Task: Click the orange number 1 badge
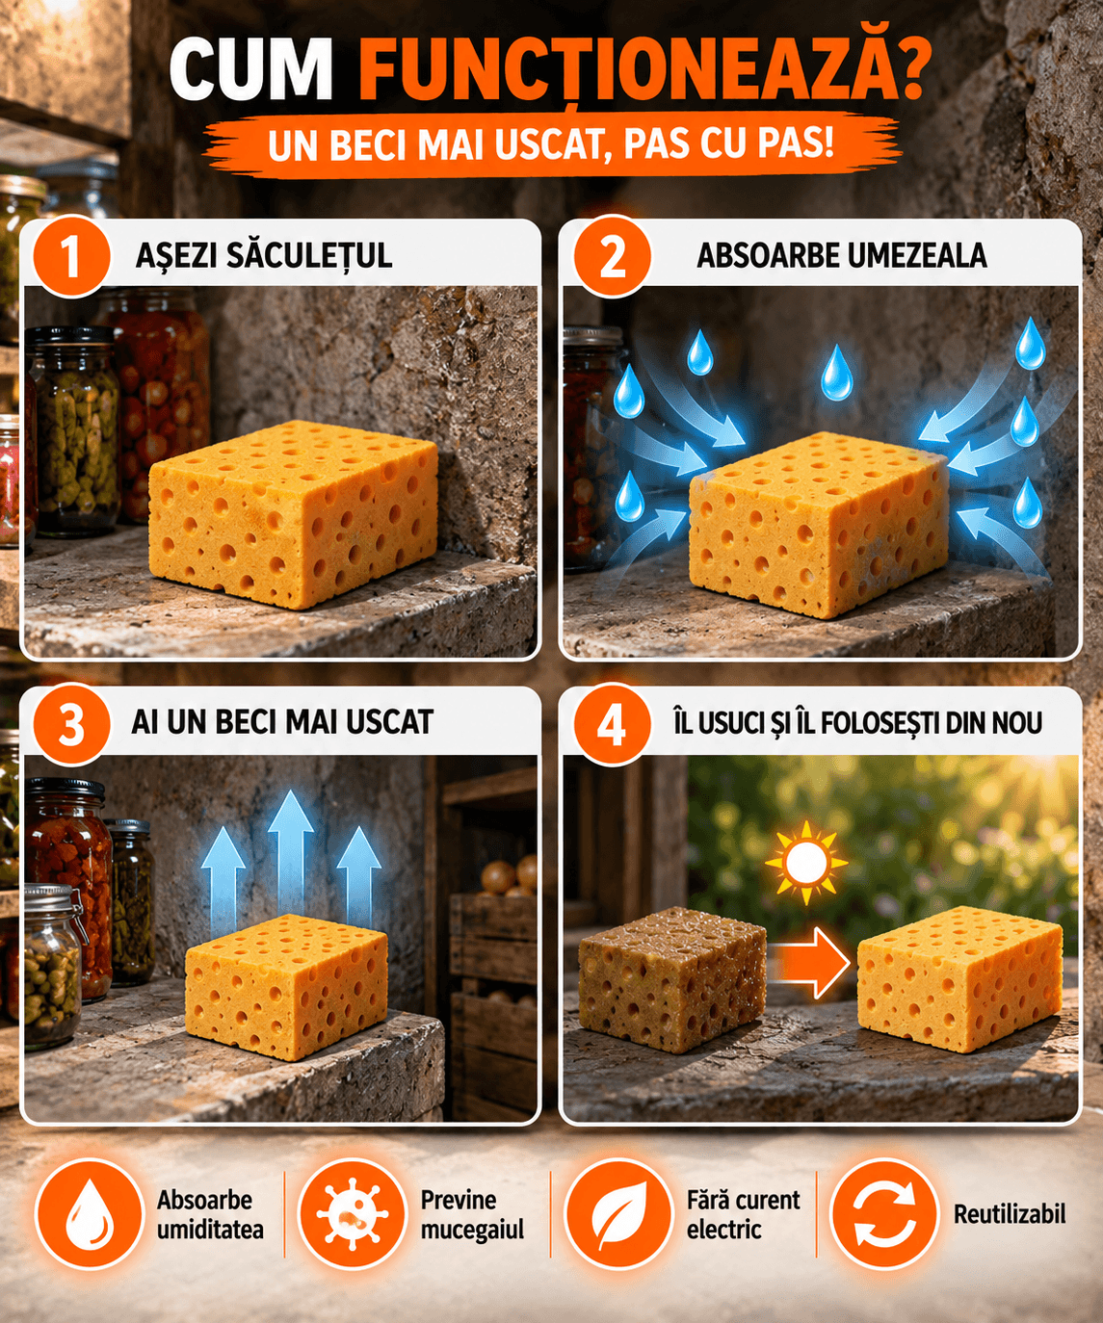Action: tap(71, 257)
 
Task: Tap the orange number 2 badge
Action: tap(612, 257)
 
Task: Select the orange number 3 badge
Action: tap(71, 724)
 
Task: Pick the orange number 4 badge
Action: tap(612, 724)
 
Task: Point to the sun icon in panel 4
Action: tap(805, 863)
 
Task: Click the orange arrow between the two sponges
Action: tap(809, 963)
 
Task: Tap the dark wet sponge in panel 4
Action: tap(672, 979)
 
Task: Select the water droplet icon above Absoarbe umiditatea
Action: tap(90, 1214)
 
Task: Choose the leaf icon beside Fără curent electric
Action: tap(618, 1214)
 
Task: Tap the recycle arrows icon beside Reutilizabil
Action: tap(885, 1214)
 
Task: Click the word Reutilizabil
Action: tap(1010, 1214)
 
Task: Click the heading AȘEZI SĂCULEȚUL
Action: tap(264, 255)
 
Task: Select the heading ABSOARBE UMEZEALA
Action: tap(842, 255)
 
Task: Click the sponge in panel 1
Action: tap(293, 513)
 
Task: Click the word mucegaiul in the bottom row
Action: tap(472, 1231)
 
